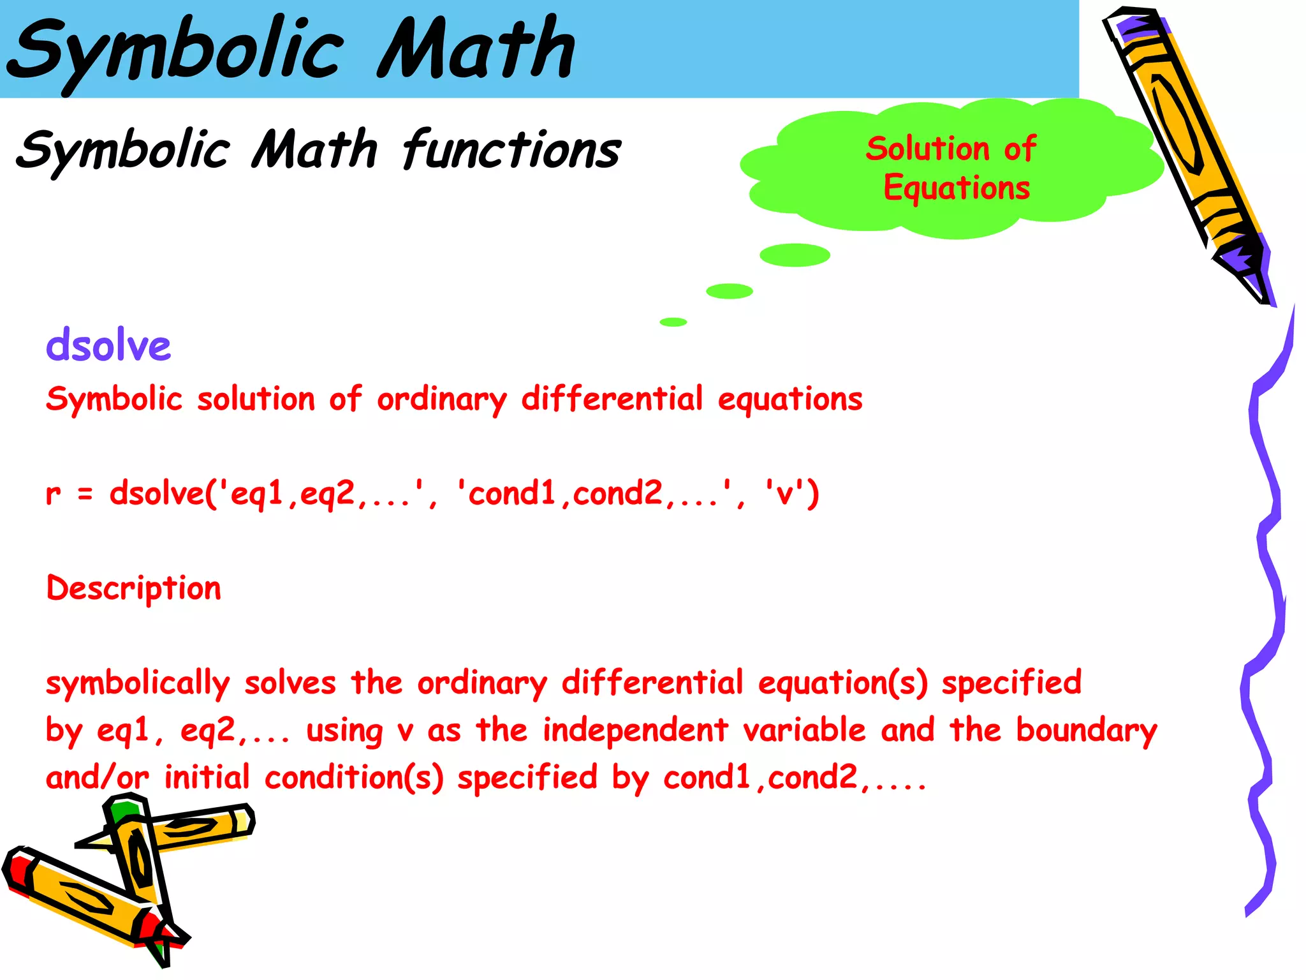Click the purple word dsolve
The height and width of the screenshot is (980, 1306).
(x=108, y=346)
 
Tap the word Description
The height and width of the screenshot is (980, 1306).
(x=134, y=588)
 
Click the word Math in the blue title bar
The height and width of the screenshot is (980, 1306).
(x=476, y=48)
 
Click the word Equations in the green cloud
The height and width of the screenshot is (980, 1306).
(x=957, y=188)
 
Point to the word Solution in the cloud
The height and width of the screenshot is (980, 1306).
(x=927, y=149)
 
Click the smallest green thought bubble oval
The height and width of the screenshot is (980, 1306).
(x=673, y=322)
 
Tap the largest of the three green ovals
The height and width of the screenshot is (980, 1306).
(x=795, y=255)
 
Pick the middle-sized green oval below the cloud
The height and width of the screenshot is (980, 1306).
(x=730, y=291)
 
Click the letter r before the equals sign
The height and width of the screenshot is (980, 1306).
(x=54, y=494)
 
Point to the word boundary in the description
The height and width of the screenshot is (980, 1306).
(x=1086, y=731)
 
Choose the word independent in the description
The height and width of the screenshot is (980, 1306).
(x=635, y=731)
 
